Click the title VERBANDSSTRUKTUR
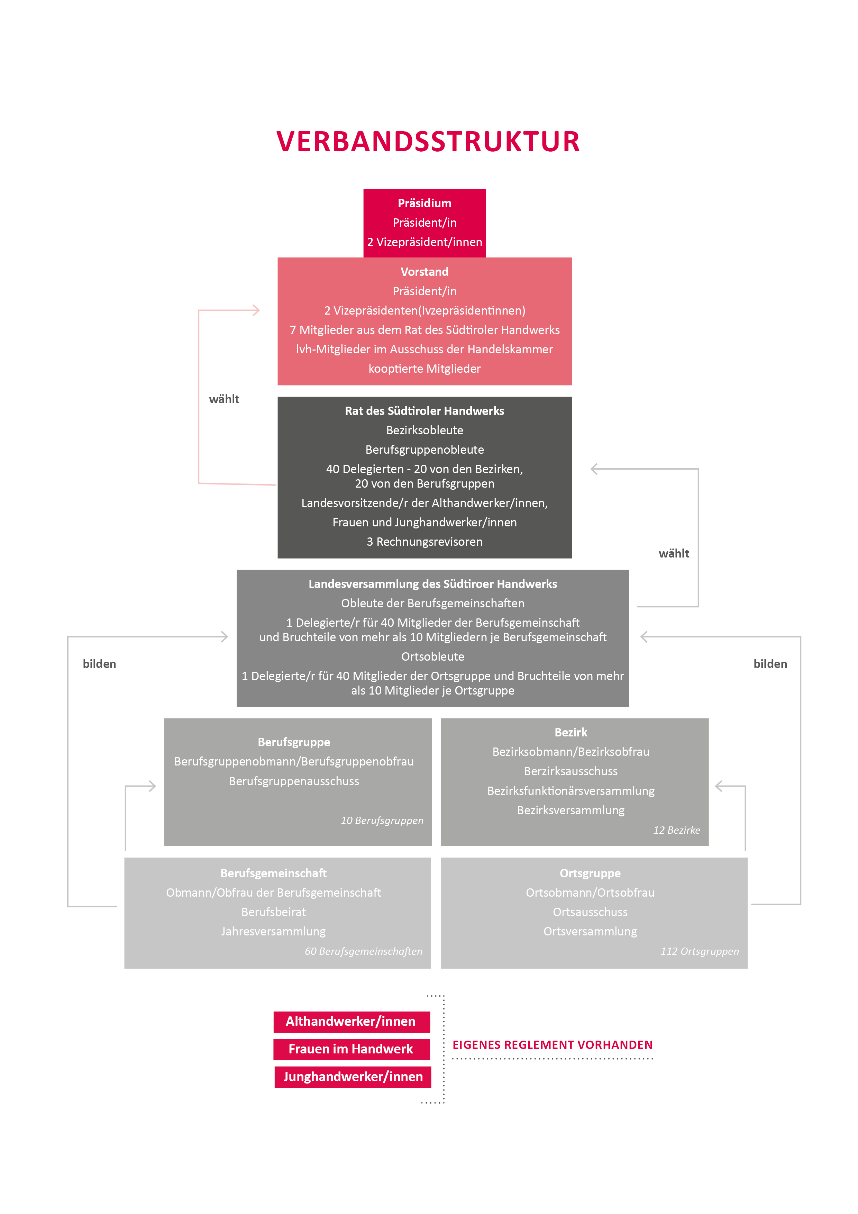(428, 142)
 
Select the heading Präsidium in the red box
(425, 203)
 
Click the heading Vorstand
(425, 272)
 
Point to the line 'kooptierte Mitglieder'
(425, 369)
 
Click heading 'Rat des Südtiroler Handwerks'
(425, 411)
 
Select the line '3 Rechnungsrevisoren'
(425, 542)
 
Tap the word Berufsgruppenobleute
(425, 450)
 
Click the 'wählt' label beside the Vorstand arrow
(224, 399)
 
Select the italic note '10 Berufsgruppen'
(382, 821)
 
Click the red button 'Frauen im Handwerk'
(351, 1049)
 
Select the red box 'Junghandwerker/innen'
(353, 1077)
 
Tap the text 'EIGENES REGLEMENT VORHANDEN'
(553, 1045)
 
